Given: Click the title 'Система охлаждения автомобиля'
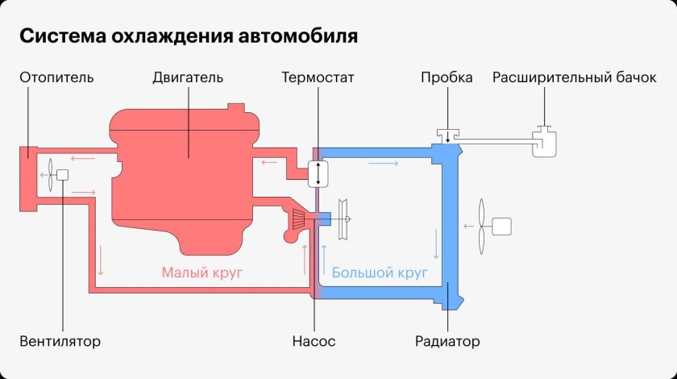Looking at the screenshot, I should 188,37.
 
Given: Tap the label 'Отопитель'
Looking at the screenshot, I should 56,78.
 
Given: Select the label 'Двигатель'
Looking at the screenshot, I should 187,78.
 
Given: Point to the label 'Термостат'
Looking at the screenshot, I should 318,78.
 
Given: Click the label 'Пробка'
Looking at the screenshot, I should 446,78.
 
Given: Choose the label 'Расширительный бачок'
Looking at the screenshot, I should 575,78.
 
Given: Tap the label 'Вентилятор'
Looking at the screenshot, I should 60,341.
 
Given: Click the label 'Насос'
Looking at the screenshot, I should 314,341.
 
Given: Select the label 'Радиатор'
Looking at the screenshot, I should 447,341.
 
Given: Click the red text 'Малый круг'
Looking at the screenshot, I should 201,273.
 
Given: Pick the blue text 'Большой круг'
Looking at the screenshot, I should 379,273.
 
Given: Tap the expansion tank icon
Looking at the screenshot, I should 546,143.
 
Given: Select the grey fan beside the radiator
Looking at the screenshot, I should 483,226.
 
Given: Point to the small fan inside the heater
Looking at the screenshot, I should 50,175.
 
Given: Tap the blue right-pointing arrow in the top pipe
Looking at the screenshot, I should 383,164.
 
